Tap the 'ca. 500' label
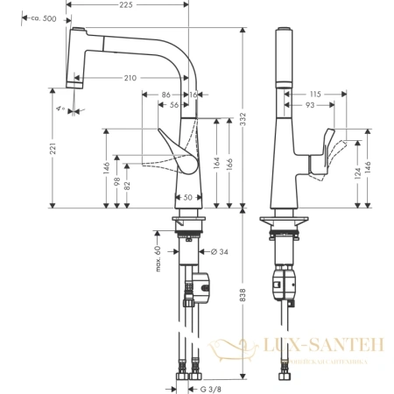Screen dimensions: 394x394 42,18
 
